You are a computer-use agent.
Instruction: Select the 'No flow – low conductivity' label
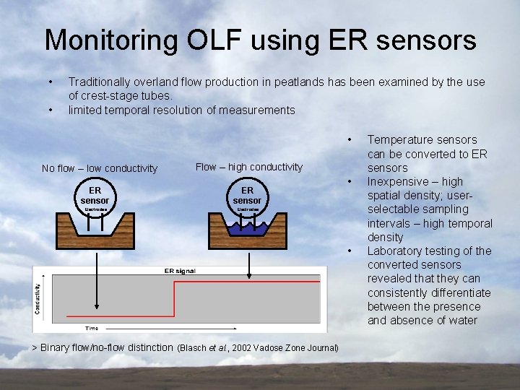(x=100, y=168)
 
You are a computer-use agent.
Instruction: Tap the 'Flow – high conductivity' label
(x=249, y=167)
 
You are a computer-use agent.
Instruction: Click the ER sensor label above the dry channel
(x=95, y=196)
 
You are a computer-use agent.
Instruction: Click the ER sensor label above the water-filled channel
(x=247, y=195)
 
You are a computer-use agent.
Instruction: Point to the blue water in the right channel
(x=248, y=230)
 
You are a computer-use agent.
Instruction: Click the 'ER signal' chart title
(x=180, y=271)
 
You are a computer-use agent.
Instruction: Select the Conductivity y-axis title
(x=38, y=298)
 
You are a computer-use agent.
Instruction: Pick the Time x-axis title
(x=92, y=328)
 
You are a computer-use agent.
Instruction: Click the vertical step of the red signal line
(x=174, y=299)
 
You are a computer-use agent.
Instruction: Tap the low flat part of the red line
(x=120, y=316)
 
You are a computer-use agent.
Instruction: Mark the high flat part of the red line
(x=246, y=282)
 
